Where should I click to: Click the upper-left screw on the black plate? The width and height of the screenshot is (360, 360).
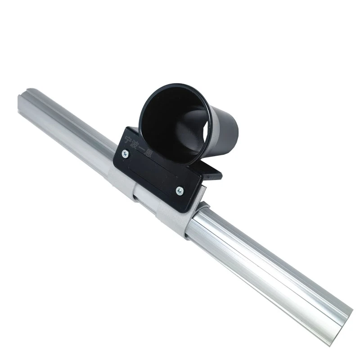coord(125,154)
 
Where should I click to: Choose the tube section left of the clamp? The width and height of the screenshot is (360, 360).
coord(67,130)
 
